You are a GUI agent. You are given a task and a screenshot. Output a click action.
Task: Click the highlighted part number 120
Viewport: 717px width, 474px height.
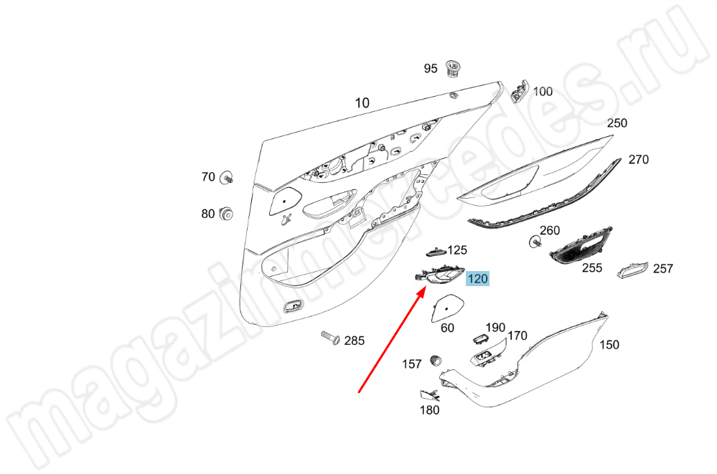pos(478,278)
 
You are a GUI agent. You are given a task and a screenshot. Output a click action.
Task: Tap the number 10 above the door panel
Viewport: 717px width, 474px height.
pos(362,103)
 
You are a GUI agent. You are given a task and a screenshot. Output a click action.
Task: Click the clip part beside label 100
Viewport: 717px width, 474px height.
pos(519,90)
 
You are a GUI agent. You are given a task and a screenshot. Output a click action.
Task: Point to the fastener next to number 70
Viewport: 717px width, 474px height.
pos(226,177)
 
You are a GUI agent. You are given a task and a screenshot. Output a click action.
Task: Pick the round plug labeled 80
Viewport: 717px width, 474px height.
pos(226,214)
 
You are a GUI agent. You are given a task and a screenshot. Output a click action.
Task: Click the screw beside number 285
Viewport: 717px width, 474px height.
pos(331,338)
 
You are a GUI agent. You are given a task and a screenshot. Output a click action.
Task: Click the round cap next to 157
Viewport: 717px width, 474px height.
pos(436,361)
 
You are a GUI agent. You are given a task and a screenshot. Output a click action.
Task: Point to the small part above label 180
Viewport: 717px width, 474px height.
pos(430,395)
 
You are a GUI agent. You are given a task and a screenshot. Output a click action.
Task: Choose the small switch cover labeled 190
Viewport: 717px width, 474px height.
pos(479,338)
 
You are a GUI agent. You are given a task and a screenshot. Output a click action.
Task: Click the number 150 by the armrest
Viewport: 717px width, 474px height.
pos(609,345)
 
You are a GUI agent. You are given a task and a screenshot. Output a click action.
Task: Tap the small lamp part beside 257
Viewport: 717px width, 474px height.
pos(633,270)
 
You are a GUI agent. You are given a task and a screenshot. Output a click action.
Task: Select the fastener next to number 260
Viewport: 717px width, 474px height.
pos(534,242)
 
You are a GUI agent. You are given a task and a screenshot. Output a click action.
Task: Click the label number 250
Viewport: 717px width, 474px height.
pos(617,123)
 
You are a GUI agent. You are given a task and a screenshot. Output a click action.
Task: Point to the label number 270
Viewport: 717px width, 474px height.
pos(638,159)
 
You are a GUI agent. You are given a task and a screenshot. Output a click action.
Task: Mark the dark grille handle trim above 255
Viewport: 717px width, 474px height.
pos(581,245)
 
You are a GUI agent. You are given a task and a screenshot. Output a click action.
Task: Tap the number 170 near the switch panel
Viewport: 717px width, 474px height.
pos(517,336)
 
